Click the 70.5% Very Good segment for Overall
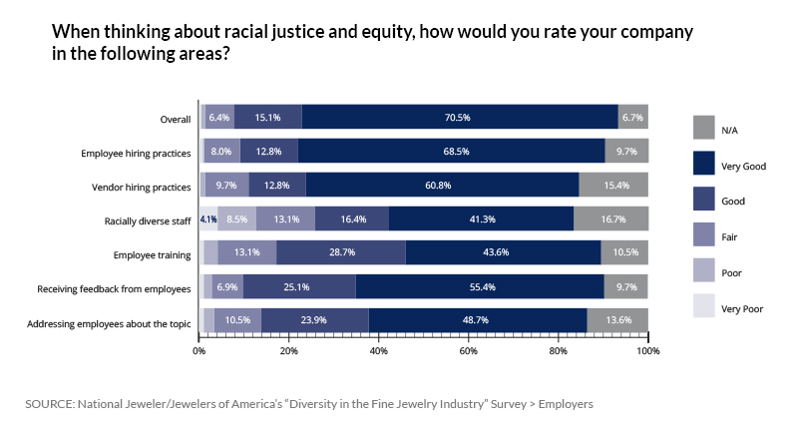tap(459, 117)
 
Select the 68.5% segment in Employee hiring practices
tap(451, 152)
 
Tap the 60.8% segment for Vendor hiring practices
tap(442, 186)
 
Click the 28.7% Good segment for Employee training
tap(341, 253)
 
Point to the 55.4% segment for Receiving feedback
tap(480, 287)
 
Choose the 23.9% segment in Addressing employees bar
tap(315, 321)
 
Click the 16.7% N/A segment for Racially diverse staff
tap(611, 219)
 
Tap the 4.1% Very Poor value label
tap(208, 219)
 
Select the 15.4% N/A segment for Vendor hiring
tap(613, 186)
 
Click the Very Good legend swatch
tap(704, 163)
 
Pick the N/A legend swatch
tap(704, 127)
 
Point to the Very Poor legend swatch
tap(704, 305)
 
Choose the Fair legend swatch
tap(704, 234)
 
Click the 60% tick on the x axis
tap(469, 350)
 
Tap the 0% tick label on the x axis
tap(199, 350)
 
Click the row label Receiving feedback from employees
tap(115, 288)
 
